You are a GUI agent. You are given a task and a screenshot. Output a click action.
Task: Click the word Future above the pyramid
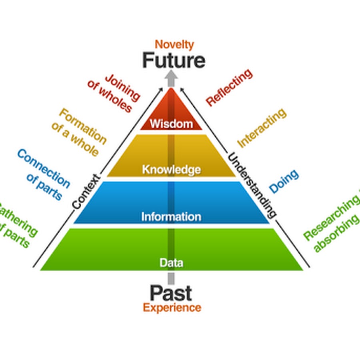tap(174, 61)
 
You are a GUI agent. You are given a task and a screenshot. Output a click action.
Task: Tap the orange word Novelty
tap(174, 44)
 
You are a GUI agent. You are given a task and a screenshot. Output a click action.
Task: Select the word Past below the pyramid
tap(171, 293)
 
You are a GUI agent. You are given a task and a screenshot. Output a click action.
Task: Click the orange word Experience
tap(172, 308)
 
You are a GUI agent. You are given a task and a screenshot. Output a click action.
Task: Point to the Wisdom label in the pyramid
tap(171, 124)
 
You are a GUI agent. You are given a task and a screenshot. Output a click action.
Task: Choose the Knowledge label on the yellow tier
tap(171, 170)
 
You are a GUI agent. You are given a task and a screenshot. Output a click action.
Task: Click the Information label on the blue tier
tap(171, 217)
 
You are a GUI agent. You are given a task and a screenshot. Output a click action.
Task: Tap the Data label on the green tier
tap(171, 263)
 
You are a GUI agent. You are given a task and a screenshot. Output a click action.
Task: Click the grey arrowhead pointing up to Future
tap(171, 76)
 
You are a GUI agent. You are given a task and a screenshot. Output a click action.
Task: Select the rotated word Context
tap(86, 191)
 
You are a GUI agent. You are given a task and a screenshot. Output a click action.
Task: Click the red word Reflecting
tap(229, 87)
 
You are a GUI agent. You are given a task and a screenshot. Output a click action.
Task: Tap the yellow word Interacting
tap(262, 128)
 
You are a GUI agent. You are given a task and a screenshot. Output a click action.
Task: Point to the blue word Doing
tap(284, 181)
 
